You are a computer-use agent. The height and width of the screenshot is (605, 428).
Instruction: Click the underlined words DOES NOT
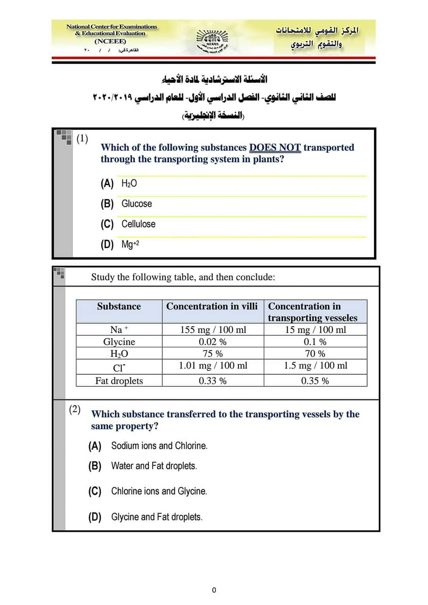click(275, 147)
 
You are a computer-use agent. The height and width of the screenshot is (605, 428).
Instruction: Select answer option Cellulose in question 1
click(138, 224)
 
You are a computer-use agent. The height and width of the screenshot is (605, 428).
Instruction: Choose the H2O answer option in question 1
click(129, 183)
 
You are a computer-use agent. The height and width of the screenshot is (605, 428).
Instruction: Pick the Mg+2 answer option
click(130, 244)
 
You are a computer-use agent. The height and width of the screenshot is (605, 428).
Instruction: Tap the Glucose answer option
click(136, 204)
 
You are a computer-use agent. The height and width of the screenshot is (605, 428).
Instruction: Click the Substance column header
click(119, 306)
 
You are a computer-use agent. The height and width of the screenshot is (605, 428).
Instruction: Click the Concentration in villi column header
click(212, 306)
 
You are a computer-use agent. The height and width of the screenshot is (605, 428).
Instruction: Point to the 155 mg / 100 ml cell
click(213, 329)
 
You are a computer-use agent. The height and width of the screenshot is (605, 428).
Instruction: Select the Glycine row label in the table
click(119, 342)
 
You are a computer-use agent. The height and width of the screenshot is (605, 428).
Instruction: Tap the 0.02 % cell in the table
click(212, 342)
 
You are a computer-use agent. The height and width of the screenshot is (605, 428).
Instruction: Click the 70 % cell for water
click(315, 354)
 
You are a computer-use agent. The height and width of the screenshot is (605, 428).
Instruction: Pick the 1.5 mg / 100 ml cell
click(315, 365)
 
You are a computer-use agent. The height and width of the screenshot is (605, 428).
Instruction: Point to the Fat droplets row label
click(119, 381)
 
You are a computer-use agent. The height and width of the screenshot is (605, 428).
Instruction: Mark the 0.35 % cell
click(315, 381)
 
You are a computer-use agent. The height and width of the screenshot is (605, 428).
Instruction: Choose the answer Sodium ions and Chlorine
click(159, 446)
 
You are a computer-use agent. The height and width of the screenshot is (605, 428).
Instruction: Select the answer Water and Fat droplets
click(154, 466)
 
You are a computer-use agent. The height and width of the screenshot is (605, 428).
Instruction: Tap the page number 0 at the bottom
click(214, 590)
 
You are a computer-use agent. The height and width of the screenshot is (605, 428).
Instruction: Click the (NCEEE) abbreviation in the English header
click(110, 41)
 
